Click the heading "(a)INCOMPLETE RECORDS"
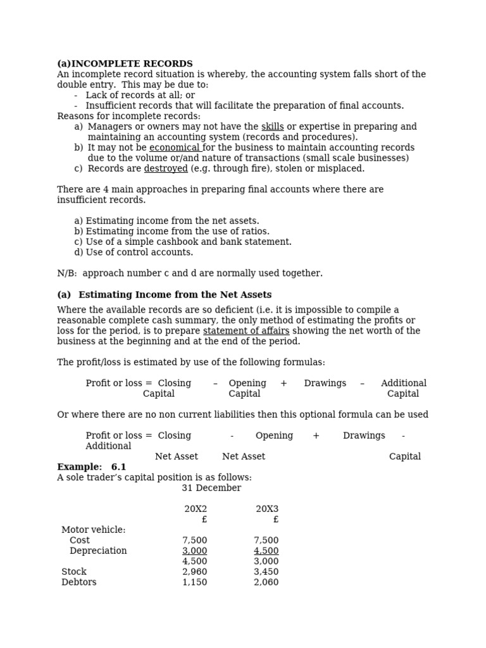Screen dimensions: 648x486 [x=125, y=64]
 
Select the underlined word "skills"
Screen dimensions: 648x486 [x=272, y=127]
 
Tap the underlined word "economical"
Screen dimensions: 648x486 [x=175, y=147]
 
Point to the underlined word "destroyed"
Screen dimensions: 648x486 [x=166, y=168]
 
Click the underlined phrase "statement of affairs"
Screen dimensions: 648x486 [x=246, y=331]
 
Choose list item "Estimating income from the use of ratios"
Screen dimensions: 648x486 [x=171, y=232]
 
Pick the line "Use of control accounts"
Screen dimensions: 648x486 [x=134, y=252]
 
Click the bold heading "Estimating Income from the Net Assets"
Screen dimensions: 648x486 [x=175, y=295]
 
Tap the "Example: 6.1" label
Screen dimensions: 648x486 [x=91, y=467]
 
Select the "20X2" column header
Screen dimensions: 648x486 [x=196, y=509]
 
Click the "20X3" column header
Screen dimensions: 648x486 [x=267, y=509]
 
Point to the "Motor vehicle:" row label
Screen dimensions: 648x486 [x=94, y=530]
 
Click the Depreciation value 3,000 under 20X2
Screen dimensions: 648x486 [x=194, y=551]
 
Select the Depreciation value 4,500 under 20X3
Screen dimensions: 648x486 [x=266, y=551]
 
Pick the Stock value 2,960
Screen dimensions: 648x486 [x=194, y=571]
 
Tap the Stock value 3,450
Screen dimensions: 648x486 [x=266, y=571]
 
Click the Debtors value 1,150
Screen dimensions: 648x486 [x=194, y=582]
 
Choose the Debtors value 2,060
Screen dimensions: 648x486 [x=266, y=582]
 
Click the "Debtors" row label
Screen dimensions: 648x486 [x=79, y=582]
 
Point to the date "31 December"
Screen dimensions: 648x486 [x=211, y=488]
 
